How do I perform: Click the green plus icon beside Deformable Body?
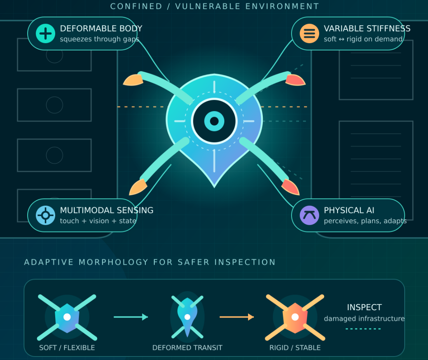(x=45, y=33)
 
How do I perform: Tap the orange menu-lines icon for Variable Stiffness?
(x=309, y=33)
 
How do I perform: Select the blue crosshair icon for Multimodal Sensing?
(x=45, y=215)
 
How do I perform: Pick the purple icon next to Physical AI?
(x=309, y=215)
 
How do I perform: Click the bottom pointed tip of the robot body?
(x=214, y=187)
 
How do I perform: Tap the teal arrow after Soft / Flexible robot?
(x=131, y=317)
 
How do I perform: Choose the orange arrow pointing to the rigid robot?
(x=237, y=317)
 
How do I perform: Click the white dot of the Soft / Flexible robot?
(x=67, y=317)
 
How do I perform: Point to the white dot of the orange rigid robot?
(x=295, y=317)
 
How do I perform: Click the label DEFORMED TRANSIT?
(x=187, y=348)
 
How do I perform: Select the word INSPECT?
(x=364, y=308)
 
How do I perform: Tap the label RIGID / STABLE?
(x=295, y=348)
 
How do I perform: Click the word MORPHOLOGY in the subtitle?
(x=114, y=262)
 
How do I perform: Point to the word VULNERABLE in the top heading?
(x=208, y=6)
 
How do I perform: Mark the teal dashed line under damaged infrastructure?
(x=363, y=329)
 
